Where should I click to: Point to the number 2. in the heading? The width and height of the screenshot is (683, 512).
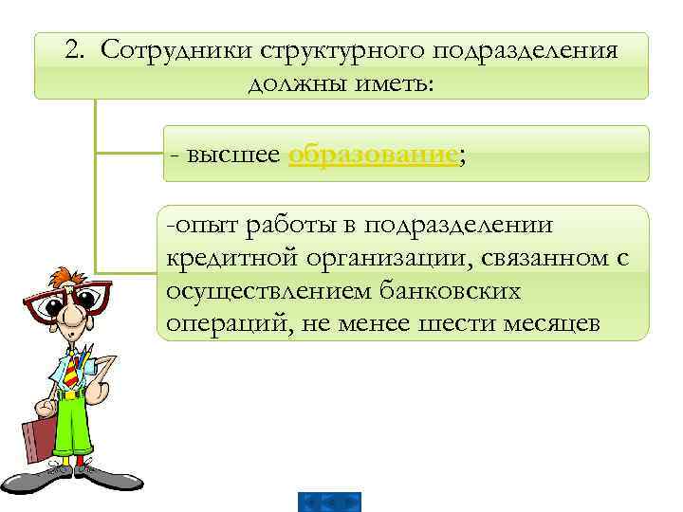(79, 50)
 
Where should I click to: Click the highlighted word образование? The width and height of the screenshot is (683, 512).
(373, 155)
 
